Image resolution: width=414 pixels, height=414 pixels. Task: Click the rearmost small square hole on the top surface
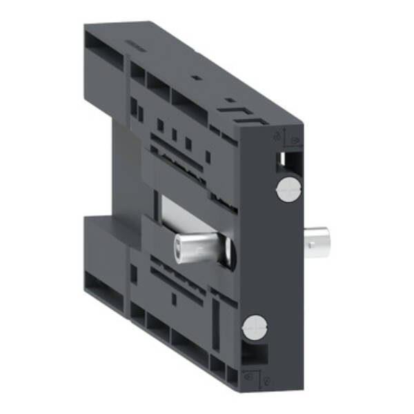(196, 78)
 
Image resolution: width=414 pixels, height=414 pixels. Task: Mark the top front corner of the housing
(302, 124)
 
